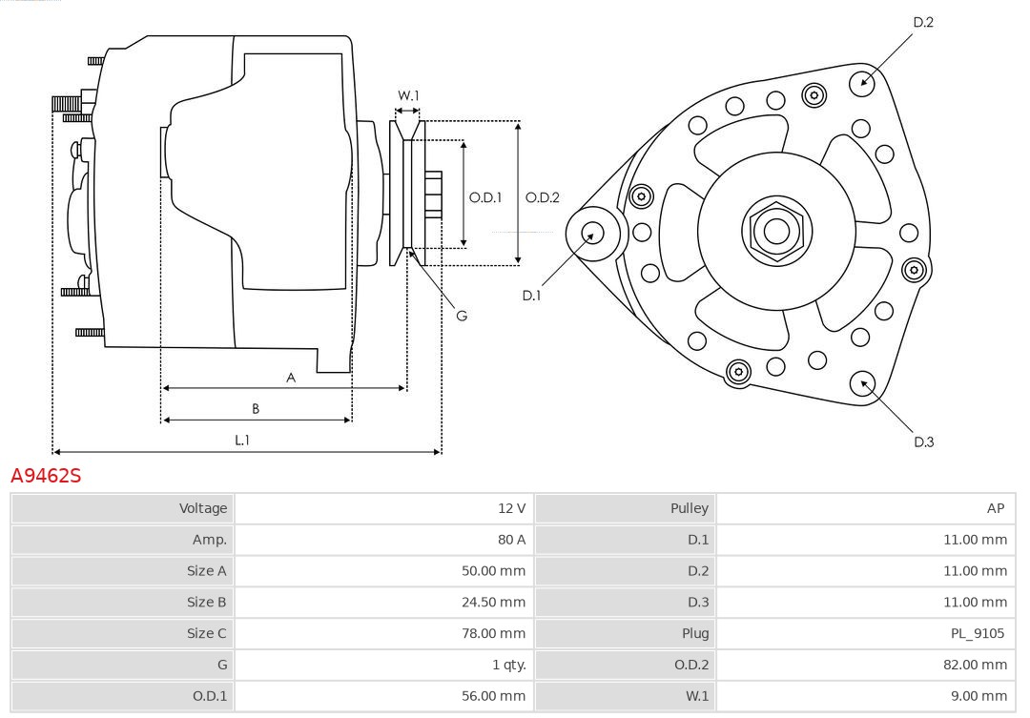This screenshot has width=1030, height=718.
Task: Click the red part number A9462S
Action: (46, 475)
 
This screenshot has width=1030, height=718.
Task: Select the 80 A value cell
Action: (511, 540)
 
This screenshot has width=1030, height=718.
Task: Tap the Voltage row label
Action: (203, 508)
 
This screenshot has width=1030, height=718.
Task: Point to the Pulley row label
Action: (690, 508)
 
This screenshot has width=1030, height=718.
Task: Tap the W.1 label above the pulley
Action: (408, 95)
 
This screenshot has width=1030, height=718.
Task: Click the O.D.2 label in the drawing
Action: (542, 197)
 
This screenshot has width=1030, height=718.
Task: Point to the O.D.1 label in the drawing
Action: (485, 197)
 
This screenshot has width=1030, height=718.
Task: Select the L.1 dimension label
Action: (242, 440)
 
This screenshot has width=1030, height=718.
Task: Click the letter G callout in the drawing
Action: (462, 315)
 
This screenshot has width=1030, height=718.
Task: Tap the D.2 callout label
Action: (923, 22)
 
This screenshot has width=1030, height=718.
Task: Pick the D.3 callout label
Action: (923, 441)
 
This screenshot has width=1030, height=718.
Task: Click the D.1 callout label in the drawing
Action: (531, 296)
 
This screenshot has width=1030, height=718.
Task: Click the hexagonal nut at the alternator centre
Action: (776, 230)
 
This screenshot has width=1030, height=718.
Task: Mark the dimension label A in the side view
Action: (291, 378)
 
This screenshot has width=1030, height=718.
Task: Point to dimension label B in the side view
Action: (256, 409)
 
